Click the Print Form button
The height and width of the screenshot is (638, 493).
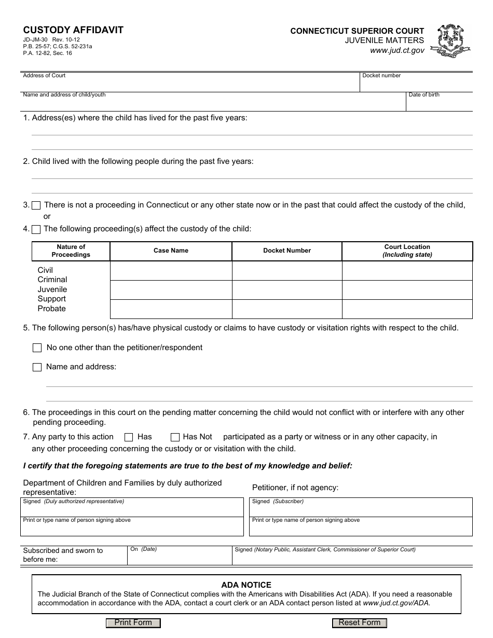(133, 623)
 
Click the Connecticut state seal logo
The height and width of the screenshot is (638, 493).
(453, 41)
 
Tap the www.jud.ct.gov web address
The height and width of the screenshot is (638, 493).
(397, 50)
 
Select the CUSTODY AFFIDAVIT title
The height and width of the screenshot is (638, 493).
(73, 30)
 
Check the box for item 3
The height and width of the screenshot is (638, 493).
(36, 205)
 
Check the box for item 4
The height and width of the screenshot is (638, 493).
(36, 229)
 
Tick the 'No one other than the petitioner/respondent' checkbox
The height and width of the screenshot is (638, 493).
(37, 348)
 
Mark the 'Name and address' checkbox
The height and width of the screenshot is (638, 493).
(37, 367)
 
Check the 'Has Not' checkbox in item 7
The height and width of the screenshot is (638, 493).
(175, 437)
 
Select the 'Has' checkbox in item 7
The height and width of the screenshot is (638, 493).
(129, 437)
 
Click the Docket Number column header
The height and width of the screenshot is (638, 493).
(287, 251)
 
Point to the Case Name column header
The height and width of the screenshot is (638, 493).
(171, 251)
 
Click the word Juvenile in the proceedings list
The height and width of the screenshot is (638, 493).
(52, 289)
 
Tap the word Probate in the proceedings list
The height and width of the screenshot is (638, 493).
(51, 309)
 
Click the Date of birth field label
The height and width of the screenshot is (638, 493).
(424, 95)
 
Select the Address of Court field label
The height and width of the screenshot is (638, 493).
(44, 76)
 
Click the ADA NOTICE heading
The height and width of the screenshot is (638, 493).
(246, 585)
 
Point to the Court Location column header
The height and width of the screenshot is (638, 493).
(407, 251)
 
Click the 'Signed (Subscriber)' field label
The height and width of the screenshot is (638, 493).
(278, 502)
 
